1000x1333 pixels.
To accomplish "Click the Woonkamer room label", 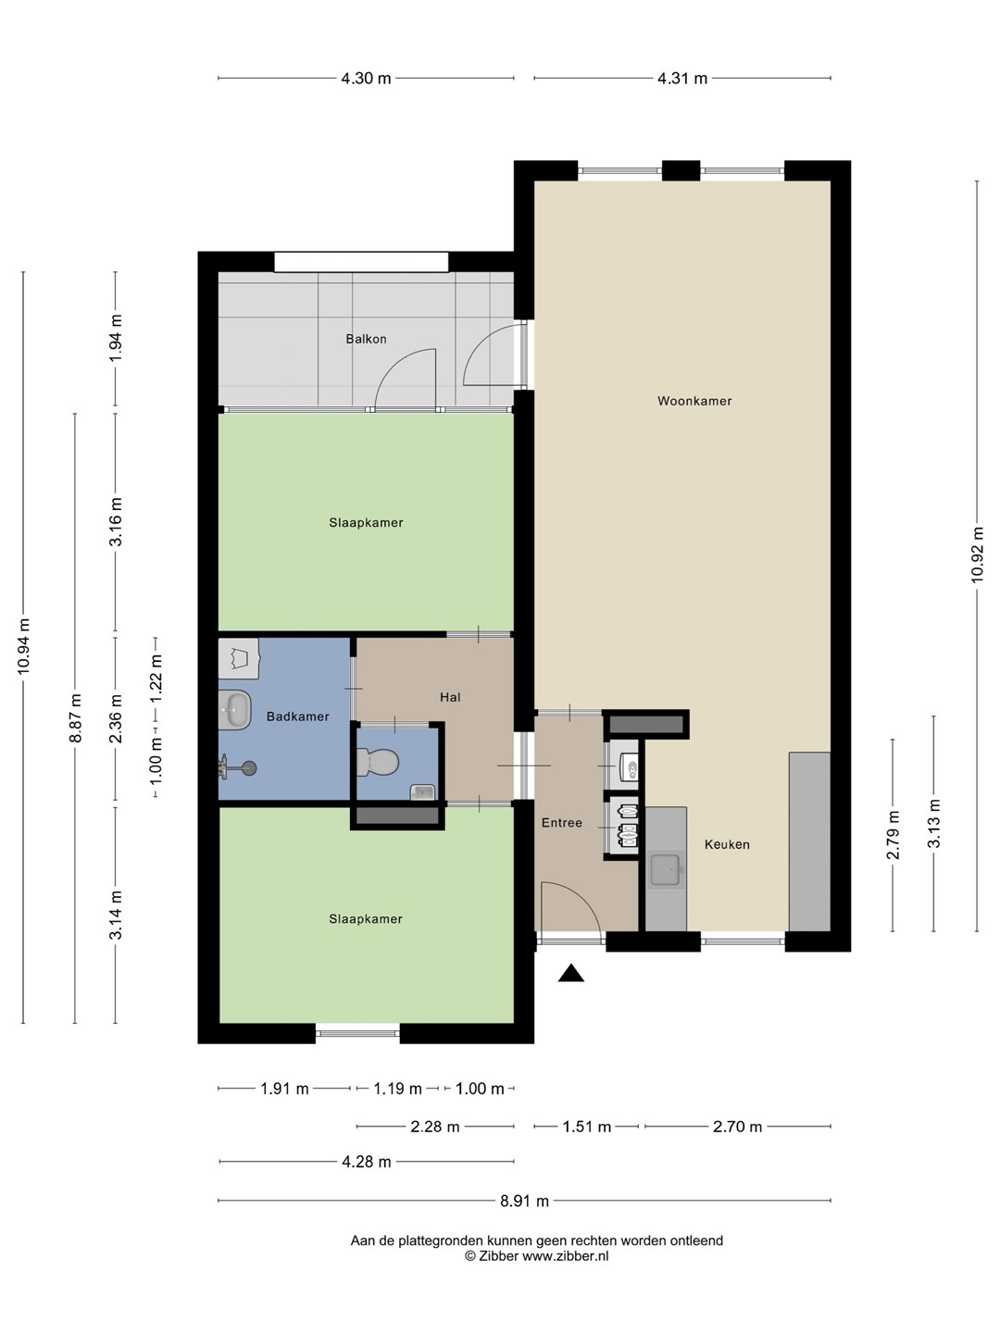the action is [x=694, y=401].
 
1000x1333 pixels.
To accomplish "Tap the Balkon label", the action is [x=366, y=339].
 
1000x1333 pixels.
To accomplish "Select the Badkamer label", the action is [x=297, y=716].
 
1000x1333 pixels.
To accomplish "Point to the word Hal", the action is [x=450, y=697].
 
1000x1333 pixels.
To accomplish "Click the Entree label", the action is [x=562, y=823].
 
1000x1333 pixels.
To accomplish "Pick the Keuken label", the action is [x=727, y=844].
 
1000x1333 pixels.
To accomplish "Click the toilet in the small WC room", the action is [x=378, y=762].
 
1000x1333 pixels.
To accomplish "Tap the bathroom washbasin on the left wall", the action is [x=235, y=710].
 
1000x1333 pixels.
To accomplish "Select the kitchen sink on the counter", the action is [x=667, y=870].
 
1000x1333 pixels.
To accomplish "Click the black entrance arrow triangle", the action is [x=570, y=974].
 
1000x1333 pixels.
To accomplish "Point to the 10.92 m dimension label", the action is [x=976, y=555].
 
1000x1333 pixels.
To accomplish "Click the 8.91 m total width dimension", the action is [x=525, y=1201].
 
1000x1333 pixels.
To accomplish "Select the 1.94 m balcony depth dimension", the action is [x=116, y=338].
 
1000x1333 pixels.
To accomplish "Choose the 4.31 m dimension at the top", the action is [x=682, y=79].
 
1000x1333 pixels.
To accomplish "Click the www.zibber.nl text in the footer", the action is [x=565, y=1256].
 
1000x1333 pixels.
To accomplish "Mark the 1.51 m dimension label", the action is [x=586, y=1127].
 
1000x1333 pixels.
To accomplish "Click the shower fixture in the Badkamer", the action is [x=238, y=768].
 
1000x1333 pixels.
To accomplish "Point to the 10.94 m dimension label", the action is [x=23, y=647].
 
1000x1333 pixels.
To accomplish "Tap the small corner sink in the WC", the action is [x=422, y=791].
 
